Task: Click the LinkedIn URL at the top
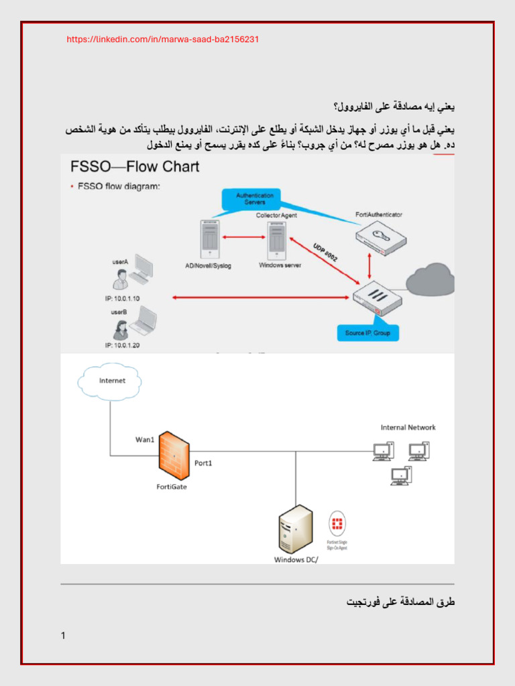pos(163,40)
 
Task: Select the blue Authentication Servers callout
pos(250,198)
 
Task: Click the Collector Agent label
pos(276,215)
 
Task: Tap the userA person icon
pos(120,278)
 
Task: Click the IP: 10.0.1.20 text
pos(122,346)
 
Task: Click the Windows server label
pos(280,265)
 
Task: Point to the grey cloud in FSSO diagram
pos(430,279)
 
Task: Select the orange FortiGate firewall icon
pos(174,455)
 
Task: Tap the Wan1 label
pos(146,440)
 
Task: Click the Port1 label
pos(205,463)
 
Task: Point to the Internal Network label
pos(408,427)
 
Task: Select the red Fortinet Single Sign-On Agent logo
pos(337,523)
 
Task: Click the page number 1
pos(63,636)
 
